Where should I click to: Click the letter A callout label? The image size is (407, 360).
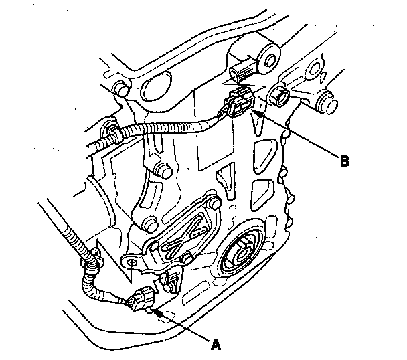click(x=215, y=345)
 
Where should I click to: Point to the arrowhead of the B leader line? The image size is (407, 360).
click(x=253, y=113)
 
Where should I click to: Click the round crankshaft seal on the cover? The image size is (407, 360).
click(x=240, y=253)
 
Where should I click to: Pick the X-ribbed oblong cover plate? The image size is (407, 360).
click(x=184, y=231)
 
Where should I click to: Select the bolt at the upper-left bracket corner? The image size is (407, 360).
click(x=120, y=88)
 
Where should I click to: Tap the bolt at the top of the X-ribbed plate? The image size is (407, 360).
click(x=214, y=202)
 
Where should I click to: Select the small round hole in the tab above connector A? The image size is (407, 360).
click(x=133, y=263)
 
